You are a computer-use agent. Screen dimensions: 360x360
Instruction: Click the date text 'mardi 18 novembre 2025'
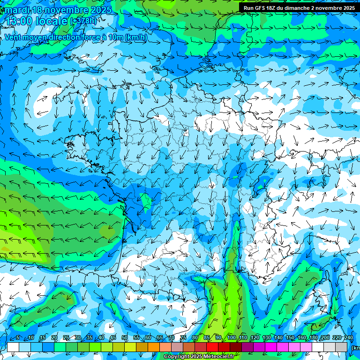point(58,10)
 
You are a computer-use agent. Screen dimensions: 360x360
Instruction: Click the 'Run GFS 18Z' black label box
point(299,8)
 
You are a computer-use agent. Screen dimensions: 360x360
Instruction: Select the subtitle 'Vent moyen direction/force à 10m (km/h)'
point(75,37)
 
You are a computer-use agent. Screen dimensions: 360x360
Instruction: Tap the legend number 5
point(18,338)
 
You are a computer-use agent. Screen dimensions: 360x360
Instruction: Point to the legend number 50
point(124,338)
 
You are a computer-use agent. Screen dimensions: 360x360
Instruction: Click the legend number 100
point(231,338)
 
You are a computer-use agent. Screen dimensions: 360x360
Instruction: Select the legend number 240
point(349,338)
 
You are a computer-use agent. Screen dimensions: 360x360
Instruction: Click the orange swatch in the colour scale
point(142,347)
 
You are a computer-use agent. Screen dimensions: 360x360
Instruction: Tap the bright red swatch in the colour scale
point(212,347)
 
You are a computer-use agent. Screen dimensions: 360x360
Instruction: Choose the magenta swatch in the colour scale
point(271,347)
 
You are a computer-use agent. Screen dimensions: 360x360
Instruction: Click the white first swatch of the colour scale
point(13,347)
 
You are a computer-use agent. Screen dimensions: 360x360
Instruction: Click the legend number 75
point(183,338)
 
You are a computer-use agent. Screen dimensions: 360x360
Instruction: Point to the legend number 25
point(66,338)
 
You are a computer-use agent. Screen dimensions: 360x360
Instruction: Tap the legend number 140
point(278,338)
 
